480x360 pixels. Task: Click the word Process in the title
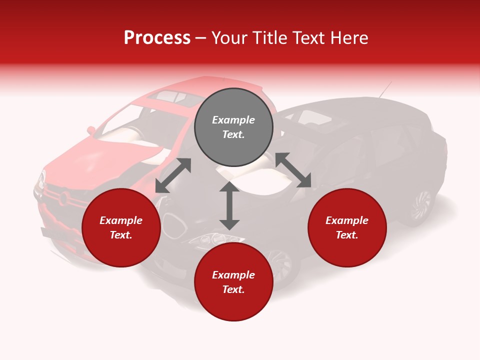[x=157, y=38]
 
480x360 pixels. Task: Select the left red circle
[x=121, y=228]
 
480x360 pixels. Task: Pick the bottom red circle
[x=233, y=282]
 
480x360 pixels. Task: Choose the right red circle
[x=347, y=228]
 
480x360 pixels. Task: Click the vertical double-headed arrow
[x=229, y=205]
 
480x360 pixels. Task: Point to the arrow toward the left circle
[x=173, y=175]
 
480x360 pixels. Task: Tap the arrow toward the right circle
[x=293, y=170]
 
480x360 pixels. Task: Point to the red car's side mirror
[x=91, y=130]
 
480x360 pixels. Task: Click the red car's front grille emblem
[x=63, y=198]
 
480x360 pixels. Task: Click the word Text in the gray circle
[x=233, y=134]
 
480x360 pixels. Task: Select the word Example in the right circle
[x=347, y=220]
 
